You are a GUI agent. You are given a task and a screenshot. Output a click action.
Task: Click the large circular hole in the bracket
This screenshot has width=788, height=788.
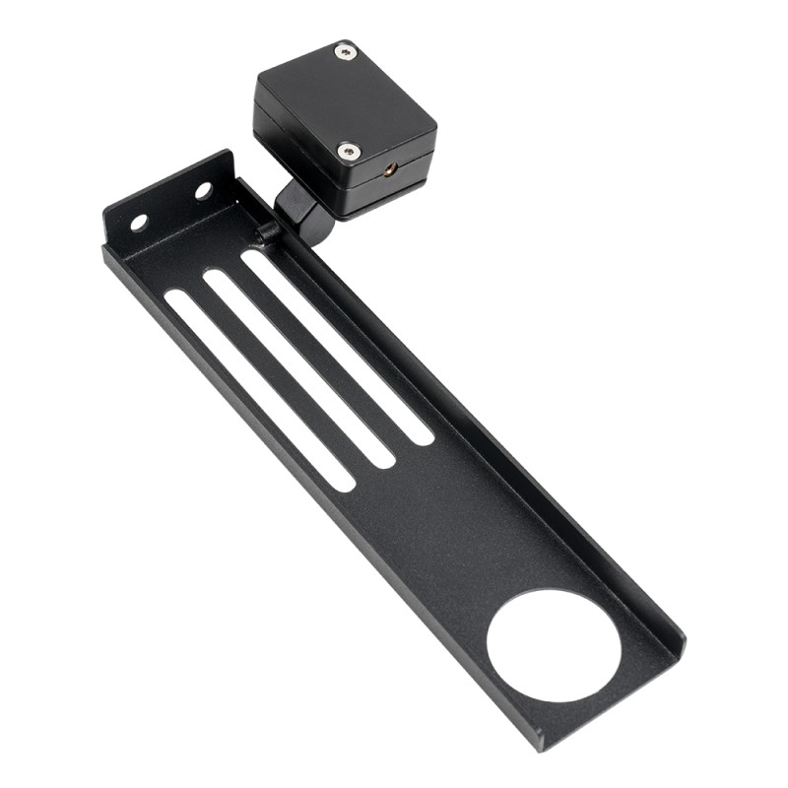coord(554,645)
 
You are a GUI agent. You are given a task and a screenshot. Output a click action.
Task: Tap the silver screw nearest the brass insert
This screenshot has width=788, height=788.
coord(349,150)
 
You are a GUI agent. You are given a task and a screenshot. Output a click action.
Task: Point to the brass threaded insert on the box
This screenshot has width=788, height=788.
coord(390,169)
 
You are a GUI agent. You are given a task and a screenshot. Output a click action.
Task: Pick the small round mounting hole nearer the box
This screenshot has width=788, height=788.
coord(203,190)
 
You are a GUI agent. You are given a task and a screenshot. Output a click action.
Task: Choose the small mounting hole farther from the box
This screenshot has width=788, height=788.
coord(139,223)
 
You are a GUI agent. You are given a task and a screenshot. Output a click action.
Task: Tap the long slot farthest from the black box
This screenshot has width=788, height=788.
coord(259,388)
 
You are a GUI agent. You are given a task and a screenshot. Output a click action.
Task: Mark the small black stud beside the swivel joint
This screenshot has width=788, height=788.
coord(265,232)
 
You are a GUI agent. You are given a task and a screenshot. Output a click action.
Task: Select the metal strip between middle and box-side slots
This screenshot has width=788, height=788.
coord(317,356)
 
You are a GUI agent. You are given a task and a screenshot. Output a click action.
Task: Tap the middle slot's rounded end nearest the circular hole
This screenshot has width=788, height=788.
coord(381,456)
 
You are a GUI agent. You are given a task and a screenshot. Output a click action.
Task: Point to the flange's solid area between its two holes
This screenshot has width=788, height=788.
coord(171,207)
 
